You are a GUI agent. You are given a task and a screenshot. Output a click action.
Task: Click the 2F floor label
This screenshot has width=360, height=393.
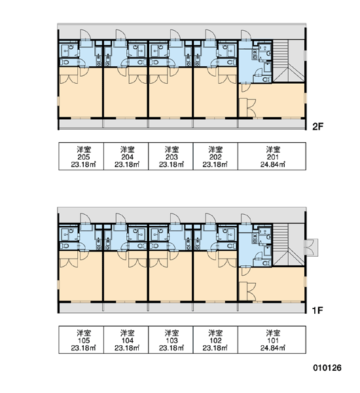pos(317,126)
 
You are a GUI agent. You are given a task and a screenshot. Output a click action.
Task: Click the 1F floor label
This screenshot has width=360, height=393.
pos(317,310)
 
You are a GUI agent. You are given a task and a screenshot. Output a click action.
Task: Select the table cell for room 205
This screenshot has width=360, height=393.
pos(81,157)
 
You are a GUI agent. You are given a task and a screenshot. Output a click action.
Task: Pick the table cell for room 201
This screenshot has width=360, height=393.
pos(272,157)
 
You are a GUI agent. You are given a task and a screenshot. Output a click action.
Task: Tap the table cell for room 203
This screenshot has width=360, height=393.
pos(171,157)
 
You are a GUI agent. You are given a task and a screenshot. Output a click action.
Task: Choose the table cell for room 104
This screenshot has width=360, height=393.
pos(126,340)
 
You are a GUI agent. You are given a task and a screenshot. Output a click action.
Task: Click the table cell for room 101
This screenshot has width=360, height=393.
pos(272,340)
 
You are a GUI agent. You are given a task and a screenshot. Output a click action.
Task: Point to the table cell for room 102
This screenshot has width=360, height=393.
pos(215,340)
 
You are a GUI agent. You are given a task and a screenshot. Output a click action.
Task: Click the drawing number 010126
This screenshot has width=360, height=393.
pos(327,368)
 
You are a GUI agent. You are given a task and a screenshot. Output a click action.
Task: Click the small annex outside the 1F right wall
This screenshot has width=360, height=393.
pos(311,248)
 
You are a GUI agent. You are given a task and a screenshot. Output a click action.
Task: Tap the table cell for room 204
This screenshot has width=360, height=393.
pos(126,157)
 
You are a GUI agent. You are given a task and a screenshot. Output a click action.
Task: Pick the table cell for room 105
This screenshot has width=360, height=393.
pos(81,340)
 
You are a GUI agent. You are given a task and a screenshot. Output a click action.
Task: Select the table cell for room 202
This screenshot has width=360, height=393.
pos(215,157)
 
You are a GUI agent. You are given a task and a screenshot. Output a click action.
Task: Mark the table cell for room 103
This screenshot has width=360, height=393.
pos(171,340)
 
